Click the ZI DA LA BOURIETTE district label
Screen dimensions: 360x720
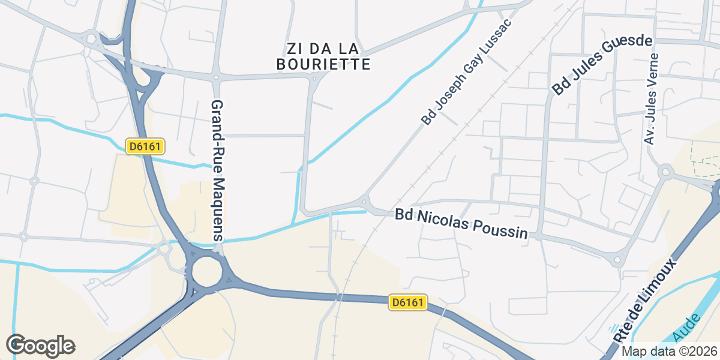pos(323,56)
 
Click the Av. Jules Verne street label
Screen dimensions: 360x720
pos(651,99)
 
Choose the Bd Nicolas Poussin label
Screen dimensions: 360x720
pos(461,224)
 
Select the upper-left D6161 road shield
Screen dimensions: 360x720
pos(145,146)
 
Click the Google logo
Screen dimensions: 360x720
pos(41,346)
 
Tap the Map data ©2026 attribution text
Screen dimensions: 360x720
pos(668,352)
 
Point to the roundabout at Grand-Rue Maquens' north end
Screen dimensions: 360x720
pos(215,77)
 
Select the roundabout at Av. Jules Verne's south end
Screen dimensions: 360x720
pos(665,173)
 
